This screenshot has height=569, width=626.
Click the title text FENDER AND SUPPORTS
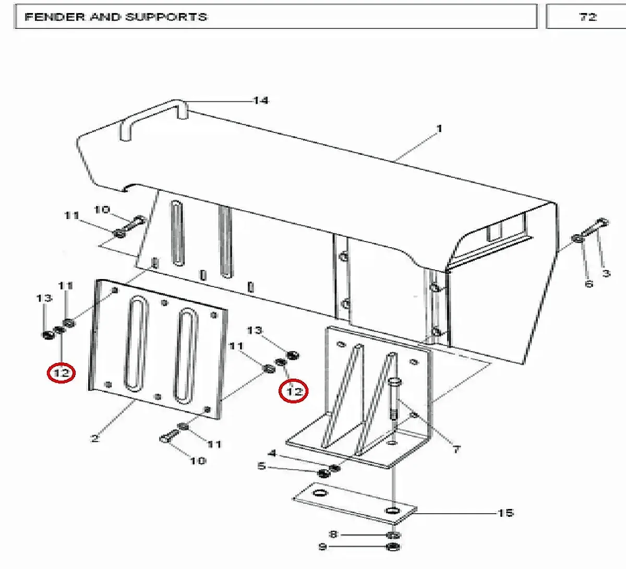point(115,17)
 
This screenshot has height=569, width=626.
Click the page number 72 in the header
point(588,17)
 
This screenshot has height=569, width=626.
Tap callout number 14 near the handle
point(261,101)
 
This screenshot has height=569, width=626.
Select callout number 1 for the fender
point(439,129)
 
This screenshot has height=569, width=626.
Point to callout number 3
point(606,273)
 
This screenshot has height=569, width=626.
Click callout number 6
point(588,284)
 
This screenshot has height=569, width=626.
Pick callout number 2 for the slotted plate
point(95,439)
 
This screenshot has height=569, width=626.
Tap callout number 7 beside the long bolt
point(456,450)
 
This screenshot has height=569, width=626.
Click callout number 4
point(272,453)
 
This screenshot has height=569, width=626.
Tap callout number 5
point(261,466)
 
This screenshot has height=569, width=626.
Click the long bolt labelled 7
point(394,400)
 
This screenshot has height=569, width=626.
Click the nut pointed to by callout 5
point(323,474)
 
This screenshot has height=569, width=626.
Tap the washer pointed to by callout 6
point(578,239)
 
